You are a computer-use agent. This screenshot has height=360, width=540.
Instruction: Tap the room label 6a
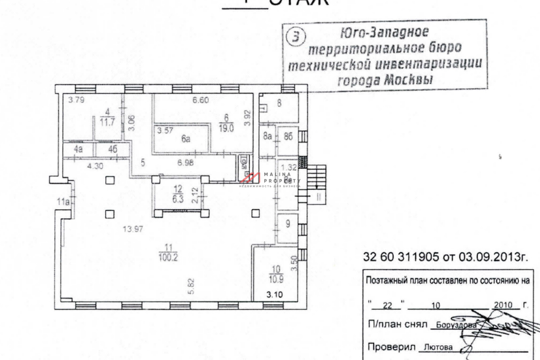pyautogui.click(x=186, y=139)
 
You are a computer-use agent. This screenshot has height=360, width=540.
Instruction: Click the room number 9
pyautogui.click(x=288, y=222)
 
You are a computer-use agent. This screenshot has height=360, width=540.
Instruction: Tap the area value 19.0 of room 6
pyautogui.click(x=226, y=127)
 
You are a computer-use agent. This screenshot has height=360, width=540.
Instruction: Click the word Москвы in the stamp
pyautogui.click(x=408, y=80)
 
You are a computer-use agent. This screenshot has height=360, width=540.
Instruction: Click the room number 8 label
pyautogui.click(x=279, y=103)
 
